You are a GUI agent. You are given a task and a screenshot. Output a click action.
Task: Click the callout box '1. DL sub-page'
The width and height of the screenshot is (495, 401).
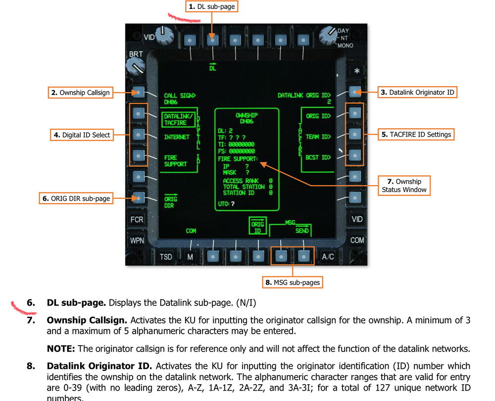(x=212, y=6)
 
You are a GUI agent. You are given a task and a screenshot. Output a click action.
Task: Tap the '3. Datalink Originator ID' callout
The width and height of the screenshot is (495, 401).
(x=417, y=92)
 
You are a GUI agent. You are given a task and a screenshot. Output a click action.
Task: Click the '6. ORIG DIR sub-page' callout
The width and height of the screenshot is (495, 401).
(x=76, y=199)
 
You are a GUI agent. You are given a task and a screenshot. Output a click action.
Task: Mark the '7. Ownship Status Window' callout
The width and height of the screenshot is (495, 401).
(x=404, y=185)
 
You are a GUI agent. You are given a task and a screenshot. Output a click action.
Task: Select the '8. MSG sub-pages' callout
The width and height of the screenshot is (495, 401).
(x=293, y=283)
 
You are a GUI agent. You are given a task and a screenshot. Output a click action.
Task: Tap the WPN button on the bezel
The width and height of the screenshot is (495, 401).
(x=137, y=241)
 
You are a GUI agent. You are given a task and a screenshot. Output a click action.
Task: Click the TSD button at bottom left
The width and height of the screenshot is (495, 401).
(x=166, y=256)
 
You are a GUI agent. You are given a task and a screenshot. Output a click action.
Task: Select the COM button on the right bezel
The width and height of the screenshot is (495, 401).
(x=357, y=240)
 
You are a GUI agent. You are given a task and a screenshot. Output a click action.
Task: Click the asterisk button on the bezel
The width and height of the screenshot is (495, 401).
(x=356, y=71)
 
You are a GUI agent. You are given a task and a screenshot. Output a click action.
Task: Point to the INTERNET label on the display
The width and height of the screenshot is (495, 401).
(x=177, y=137)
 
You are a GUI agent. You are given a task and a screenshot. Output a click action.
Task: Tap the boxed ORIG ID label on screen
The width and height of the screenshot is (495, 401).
(x=257, y=228)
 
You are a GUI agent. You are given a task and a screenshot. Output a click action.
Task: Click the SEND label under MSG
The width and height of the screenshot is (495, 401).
(x=302, y=231)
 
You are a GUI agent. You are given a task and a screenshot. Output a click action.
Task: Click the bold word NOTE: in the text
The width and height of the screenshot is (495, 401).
(x=60, y=349)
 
